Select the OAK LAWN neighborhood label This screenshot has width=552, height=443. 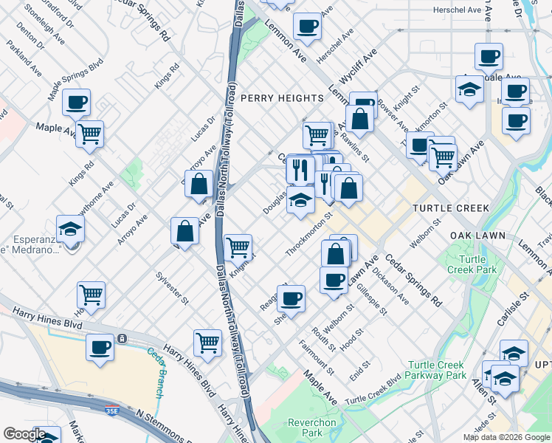click(x=477, y=236)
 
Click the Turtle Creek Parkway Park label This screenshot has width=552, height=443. click(x=438, y=370)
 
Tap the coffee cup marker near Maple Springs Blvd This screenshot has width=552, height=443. click(x=76, y=102)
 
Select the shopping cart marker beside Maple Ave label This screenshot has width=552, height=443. click(x=89, y=134)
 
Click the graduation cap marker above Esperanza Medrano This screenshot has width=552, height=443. click(x=70, y=229)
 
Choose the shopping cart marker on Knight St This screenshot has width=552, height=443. click(x=238, y=247)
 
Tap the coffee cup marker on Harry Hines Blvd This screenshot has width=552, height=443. click(x=100, y=346)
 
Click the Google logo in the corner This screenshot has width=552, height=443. click(x=24, y=435)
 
